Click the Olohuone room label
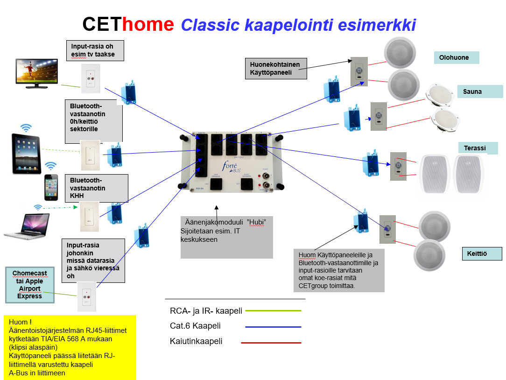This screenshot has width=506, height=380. (x=457, y=57)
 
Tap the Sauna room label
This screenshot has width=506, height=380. (x=480, y=91)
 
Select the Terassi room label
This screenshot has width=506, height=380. (x=478, y=148)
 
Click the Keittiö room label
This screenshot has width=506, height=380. (x=482, y=253)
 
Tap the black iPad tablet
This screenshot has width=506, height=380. (x=27, y=154)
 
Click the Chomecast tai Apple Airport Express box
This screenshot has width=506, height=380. (x=30, y=284)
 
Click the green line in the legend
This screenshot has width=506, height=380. (x=273, y=310)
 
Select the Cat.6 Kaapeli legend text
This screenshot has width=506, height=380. (x=195, y=326)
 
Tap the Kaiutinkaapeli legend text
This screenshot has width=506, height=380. (x=196, y=341)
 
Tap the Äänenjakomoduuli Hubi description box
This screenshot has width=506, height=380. (x=226, y=236)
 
